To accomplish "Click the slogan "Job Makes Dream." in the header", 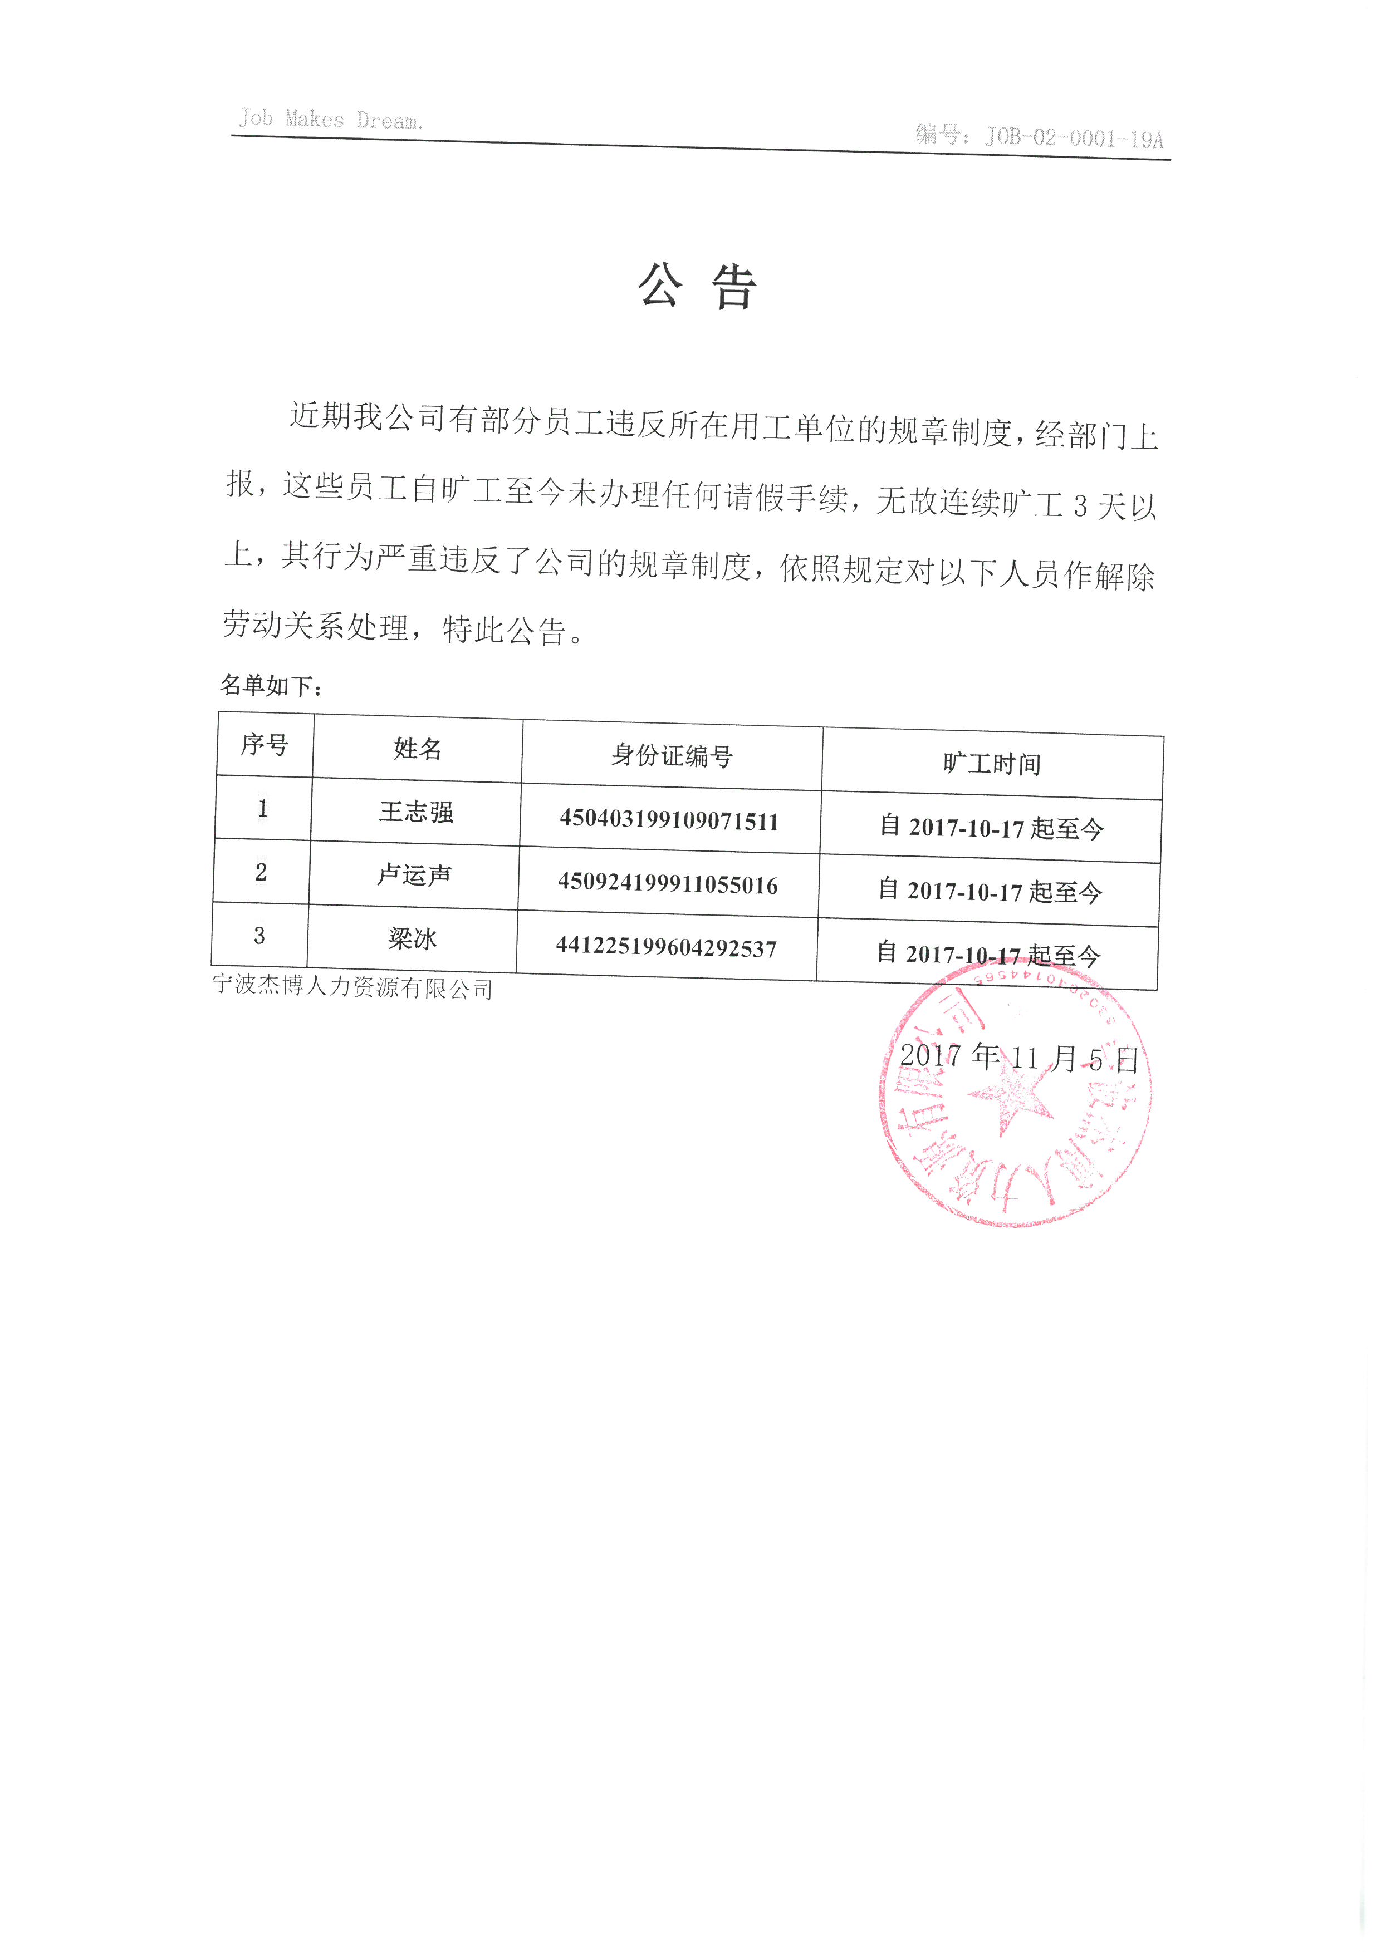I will click(330, 119).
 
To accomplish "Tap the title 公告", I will click(697, 287).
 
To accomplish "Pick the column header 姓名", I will click(418, 749).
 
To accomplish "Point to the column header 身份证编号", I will click(672, 755).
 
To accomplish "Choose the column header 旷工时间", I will click(992, 764).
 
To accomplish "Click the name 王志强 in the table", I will click(416, 812).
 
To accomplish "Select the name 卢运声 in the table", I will click(414, 875).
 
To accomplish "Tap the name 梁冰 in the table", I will click(413, 938).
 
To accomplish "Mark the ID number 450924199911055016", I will click(668, 884).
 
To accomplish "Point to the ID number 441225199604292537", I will click(666, 947).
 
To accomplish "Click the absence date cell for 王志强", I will click(992, 827).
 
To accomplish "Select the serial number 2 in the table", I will click(261, 872).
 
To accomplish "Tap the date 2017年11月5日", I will click(1018, 1059).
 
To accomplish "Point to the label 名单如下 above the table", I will click(271, 685).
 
